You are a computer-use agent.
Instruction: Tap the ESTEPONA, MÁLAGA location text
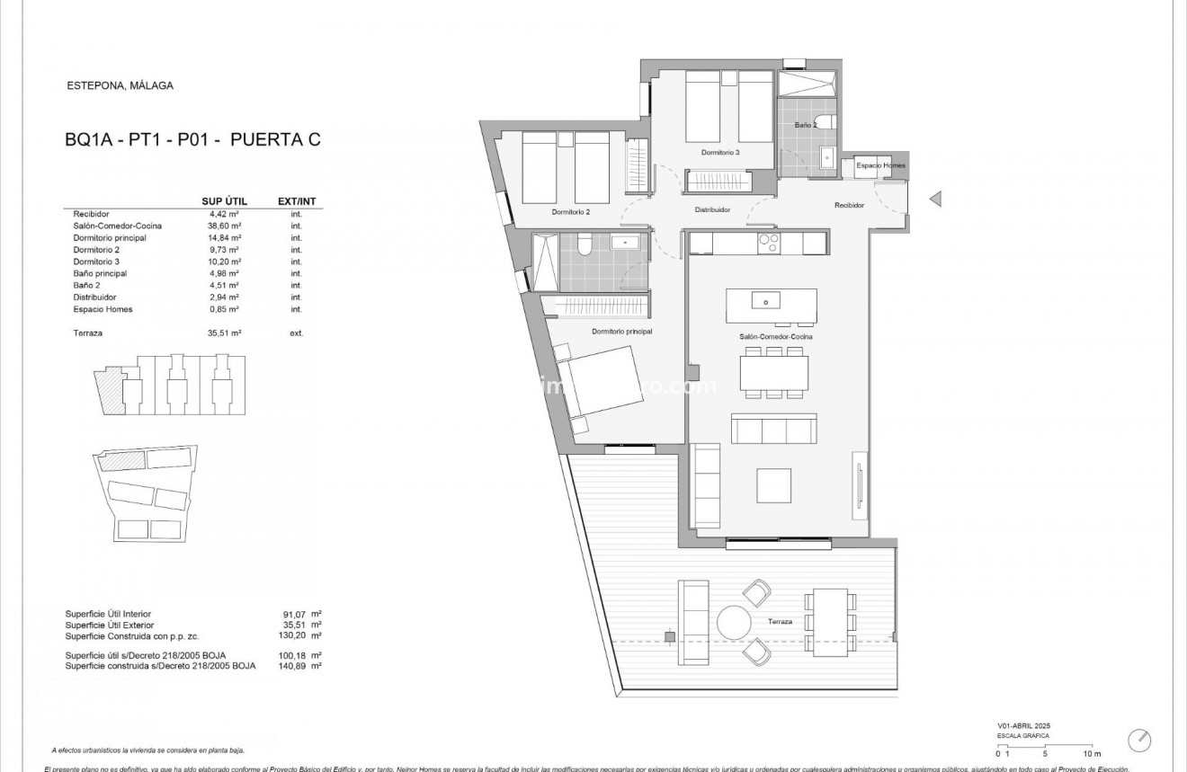[120, 86]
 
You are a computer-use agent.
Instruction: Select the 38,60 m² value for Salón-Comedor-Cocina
[224, 226]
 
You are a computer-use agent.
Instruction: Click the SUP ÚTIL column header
[224, 201]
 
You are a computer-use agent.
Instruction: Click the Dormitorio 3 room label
[720, 153]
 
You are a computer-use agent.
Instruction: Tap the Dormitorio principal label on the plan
[621, 332]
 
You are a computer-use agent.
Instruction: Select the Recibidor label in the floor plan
[849, 206]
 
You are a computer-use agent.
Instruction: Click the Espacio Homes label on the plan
[880, 166]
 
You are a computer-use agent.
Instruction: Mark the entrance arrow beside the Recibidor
[935, 199]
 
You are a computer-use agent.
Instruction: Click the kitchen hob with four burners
[769, 243]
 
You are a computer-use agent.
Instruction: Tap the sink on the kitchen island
[766, 300]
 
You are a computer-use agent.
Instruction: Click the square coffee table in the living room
[773, 485]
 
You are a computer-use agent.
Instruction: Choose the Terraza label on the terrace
[780, 622]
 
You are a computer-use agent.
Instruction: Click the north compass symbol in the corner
[1140, 739]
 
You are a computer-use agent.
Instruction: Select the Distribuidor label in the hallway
[712, 209]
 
